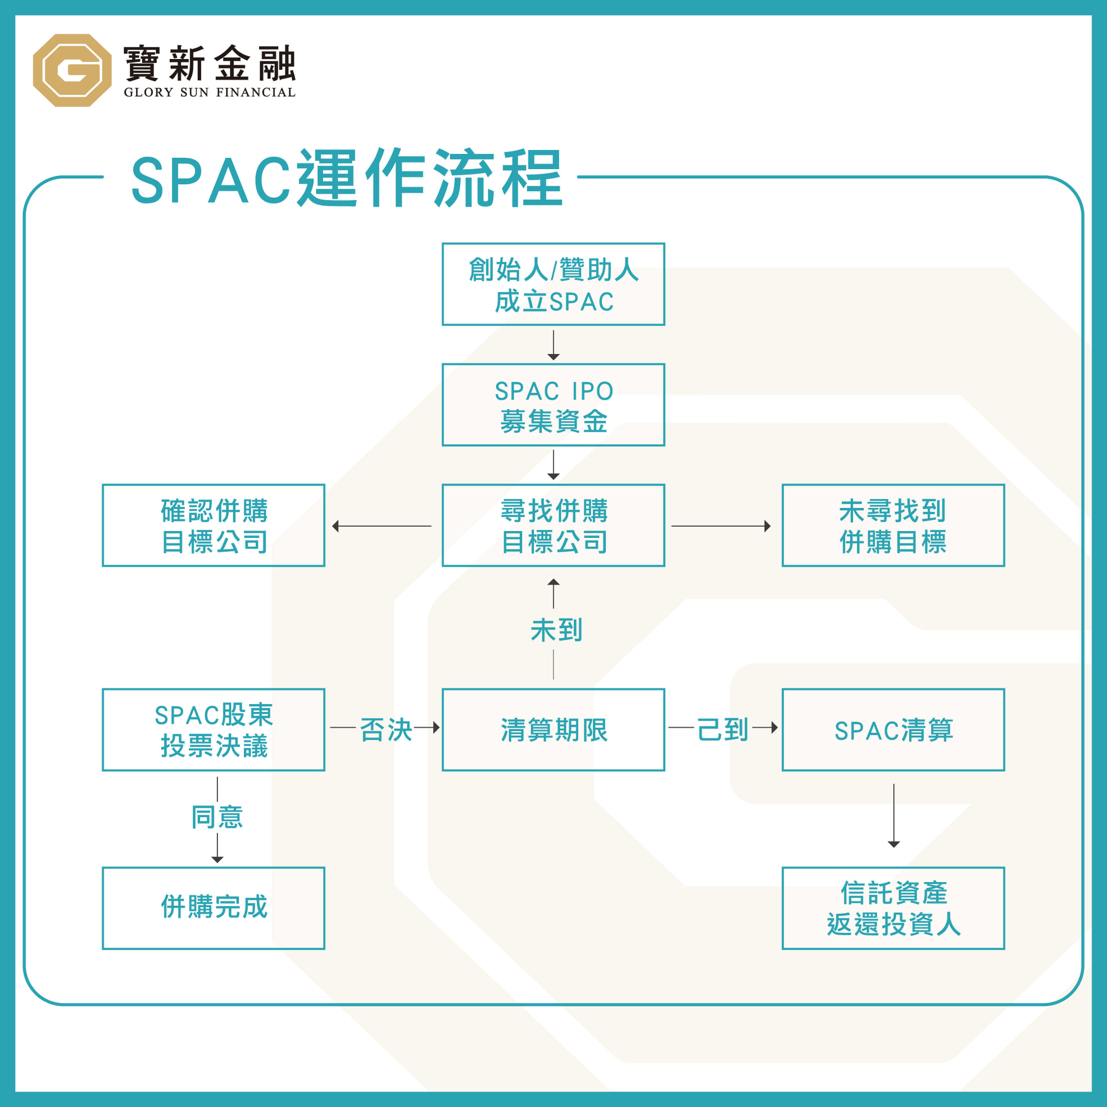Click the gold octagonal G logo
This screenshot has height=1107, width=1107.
72,70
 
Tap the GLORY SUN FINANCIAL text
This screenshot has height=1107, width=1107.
210,92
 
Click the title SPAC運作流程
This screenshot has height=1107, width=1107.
347,178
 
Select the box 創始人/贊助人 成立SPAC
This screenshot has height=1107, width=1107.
553,284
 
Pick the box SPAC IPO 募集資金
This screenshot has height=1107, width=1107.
553,405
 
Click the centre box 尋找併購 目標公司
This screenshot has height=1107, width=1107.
553,525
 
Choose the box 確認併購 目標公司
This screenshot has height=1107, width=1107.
214,525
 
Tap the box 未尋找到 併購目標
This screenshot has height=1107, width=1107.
893,525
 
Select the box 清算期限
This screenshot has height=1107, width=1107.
553,730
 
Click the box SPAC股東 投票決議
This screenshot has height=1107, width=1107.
214,730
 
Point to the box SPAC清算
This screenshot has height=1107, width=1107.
893,730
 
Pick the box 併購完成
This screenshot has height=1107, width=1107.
214,908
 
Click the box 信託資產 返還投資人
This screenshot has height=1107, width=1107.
893,908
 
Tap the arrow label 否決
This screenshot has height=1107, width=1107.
386,730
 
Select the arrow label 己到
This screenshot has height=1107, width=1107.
723,730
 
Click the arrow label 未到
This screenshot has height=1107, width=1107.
556,630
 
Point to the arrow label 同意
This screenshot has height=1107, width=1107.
217,817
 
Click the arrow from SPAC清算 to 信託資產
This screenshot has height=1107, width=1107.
894,816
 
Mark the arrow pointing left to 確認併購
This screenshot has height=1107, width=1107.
382,526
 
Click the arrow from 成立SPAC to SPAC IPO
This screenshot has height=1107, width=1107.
553,346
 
